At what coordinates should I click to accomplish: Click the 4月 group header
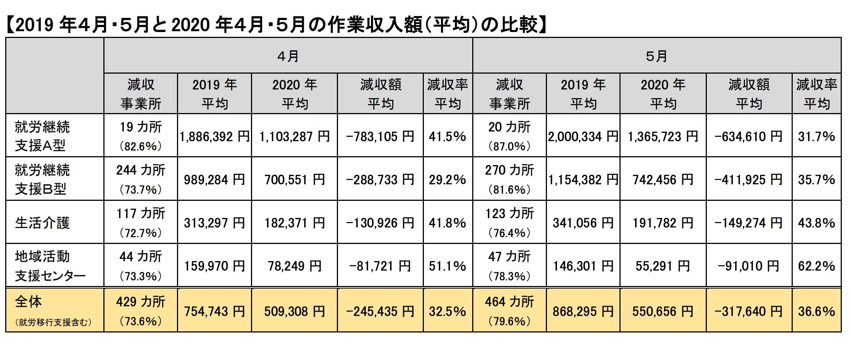click(288, 56)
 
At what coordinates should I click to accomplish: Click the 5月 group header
click(657, 56)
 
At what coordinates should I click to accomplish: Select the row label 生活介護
click(42, 223)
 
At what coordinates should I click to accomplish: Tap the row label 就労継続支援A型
click(42, 136)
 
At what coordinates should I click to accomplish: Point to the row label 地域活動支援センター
click(50, 266)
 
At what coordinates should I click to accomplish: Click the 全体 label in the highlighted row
click(29, 302)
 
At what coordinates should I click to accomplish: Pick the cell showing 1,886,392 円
click(215, 136)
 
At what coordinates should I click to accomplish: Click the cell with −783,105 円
click(380, 136)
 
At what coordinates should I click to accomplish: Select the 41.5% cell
click(447, 136)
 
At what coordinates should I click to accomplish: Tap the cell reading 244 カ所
click(141, 170)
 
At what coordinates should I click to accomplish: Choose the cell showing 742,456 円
click(663, 180)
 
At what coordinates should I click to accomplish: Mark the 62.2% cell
click(817, 266)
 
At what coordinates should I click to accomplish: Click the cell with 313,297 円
click(215, 223)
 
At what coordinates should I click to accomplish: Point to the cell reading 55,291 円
click(663, 266)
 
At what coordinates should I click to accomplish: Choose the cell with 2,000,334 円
click(583, 136)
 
